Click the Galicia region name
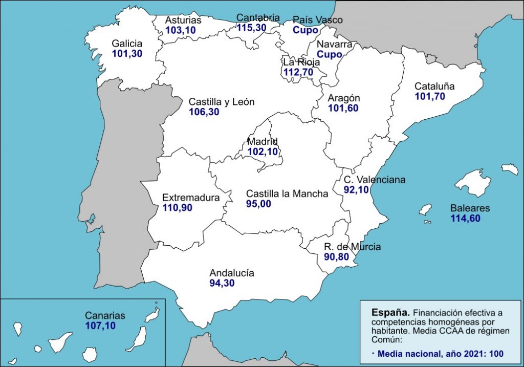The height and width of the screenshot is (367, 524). point(127,44)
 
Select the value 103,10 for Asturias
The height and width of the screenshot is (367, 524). point(181,30)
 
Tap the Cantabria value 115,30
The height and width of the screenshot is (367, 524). point(251,28)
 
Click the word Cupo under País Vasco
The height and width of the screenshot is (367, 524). point(305,30)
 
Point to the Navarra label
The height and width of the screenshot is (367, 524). point(334,45)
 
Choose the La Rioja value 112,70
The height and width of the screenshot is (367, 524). point(298,72)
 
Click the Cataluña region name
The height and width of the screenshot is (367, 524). point(434,86)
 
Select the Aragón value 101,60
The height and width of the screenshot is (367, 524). point(343,108)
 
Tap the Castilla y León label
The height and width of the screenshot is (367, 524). point(221,102)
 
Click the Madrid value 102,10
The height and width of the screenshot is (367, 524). point(263,152)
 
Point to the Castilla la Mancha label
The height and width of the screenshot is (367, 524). point(287,194)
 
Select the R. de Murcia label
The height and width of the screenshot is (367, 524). point(352,247)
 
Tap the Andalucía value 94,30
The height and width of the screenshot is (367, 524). point(222,283)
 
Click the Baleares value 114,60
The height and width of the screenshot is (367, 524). point(466,218)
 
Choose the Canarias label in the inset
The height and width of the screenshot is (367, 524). point(105,316)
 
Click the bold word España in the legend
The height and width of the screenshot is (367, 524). point(390,312)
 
